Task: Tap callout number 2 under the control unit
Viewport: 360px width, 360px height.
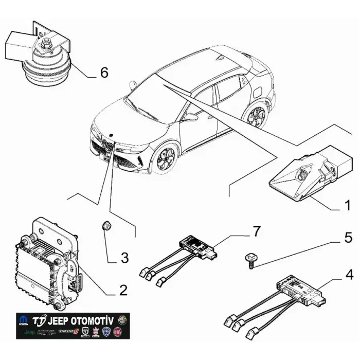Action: pos(122,290)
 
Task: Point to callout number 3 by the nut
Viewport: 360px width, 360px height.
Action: pos(124,257)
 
